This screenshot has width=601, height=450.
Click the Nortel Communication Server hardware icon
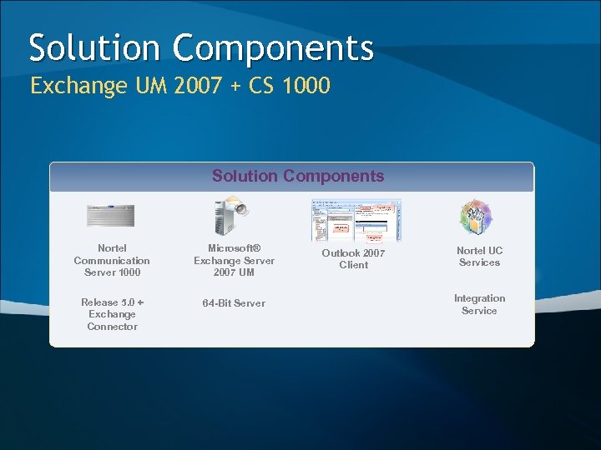point(110,216)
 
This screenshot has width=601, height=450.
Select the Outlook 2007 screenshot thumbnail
point(356,220)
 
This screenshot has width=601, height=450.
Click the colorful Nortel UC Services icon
point(477,217)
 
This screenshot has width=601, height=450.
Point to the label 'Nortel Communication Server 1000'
point(112,261)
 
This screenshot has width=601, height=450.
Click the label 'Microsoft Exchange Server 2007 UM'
point(234,261)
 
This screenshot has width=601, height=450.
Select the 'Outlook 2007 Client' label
point(353,259)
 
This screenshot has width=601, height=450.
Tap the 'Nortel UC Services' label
point(479,257)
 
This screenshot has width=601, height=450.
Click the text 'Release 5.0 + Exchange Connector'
point(112,314)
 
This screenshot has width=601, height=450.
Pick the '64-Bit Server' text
point(234,303)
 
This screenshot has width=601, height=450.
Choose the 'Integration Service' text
point(479,304)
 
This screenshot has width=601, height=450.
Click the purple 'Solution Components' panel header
point(298,176)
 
